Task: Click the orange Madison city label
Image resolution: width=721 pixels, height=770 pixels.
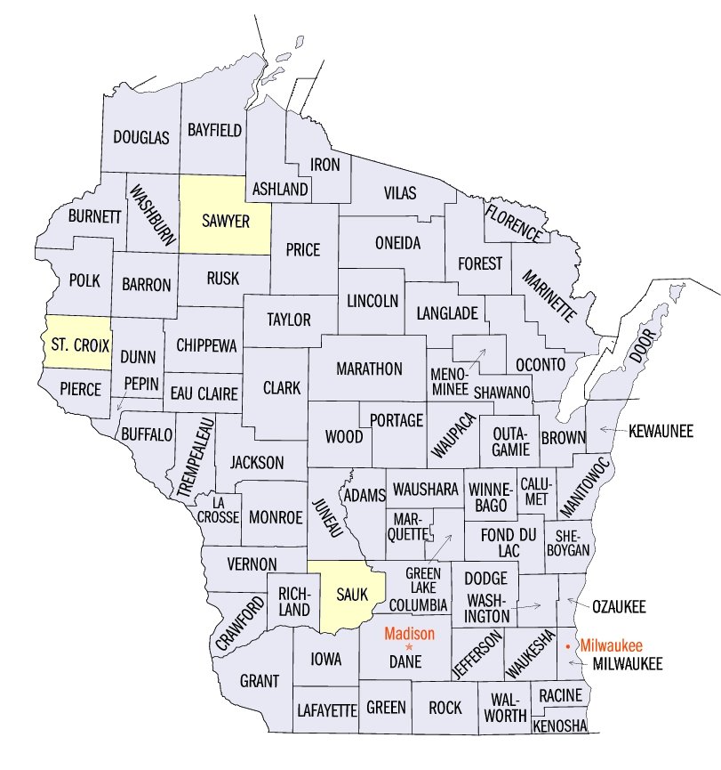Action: pyautogui.click(x=409, y=634)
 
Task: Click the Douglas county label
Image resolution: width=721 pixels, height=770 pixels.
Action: pyautogui.click(x=140, y=138)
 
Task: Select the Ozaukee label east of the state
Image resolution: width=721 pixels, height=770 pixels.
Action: pyautogui.click(x=620, y=607)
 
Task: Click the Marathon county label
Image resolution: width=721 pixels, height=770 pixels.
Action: pyautogui.click(x=369, y=369)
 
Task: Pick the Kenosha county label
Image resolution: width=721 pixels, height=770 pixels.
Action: pyautogui.click(x=560, y=726)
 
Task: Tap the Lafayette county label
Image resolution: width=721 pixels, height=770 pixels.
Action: pyautogui.click(x=326, y=709)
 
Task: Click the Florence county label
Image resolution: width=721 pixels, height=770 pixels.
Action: pyautogui.click(x=512, y=222)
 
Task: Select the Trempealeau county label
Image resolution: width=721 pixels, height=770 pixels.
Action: pyautogui.click(x=195, y=455)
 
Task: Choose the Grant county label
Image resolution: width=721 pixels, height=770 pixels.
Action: pyautogui.click(x=260, y=681)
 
